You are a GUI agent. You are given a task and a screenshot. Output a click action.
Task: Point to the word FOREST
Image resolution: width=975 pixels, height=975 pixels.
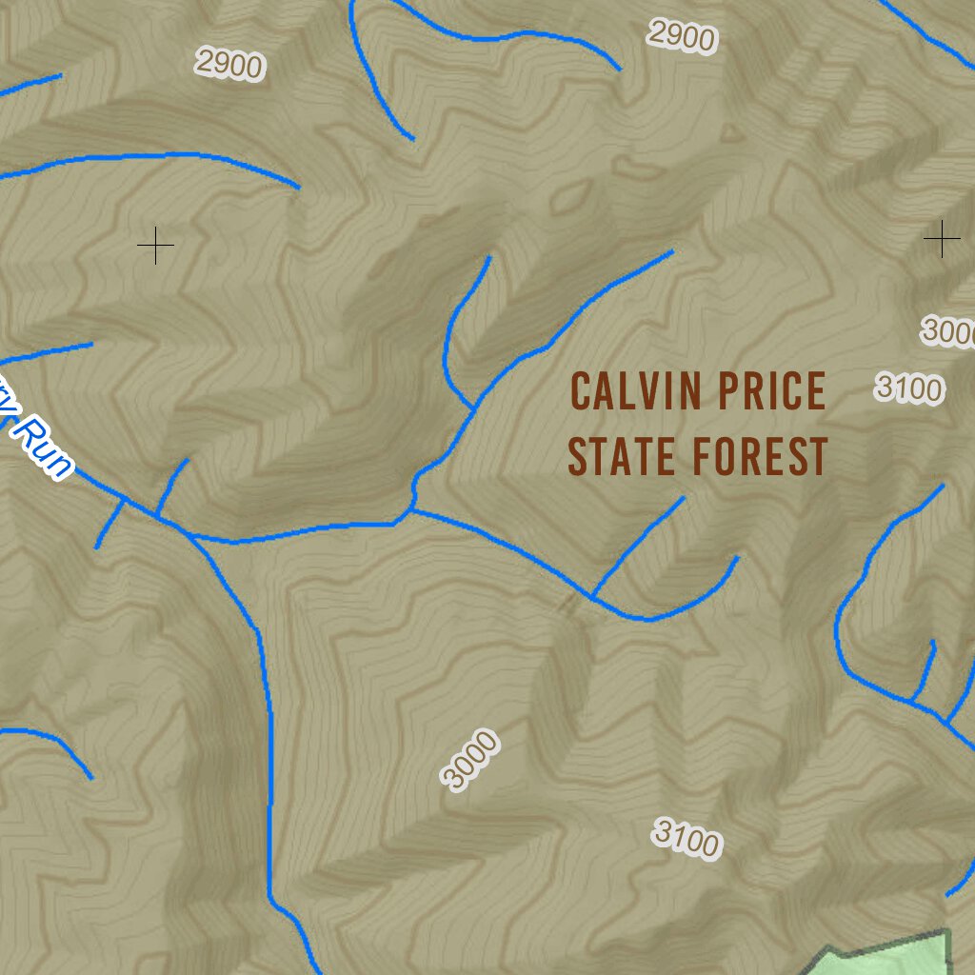click(760, 456)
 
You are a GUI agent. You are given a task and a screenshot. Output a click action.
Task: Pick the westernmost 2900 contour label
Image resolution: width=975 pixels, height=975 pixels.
click(229, 65)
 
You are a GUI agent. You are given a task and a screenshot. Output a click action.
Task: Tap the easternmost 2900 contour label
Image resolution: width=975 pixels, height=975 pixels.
click(681, 36)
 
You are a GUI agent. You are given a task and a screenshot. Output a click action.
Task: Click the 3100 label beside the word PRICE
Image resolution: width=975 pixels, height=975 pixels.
click(909, 388)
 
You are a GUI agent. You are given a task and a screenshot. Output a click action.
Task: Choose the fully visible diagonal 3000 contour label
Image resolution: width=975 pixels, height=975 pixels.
click(469, 759)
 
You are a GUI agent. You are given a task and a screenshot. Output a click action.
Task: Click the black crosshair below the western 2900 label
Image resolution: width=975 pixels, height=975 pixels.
click(155, 247)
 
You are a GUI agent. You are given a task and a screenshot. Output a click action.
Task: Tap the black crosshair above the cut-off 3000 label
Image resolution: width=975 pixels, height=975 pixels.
click(941, 238)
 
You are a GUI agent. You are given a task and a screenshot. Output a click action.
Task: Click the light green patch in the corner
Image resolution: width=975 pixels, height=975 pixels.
click(895, 957)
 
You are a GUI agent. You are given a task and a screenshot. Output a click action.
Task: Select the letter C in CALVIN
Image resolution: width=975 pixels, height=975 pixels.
click(581, 391)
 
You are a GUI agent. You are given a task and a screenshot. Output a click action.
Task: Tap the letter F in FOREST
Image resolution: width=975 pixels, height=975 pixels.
click(702, 456)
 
